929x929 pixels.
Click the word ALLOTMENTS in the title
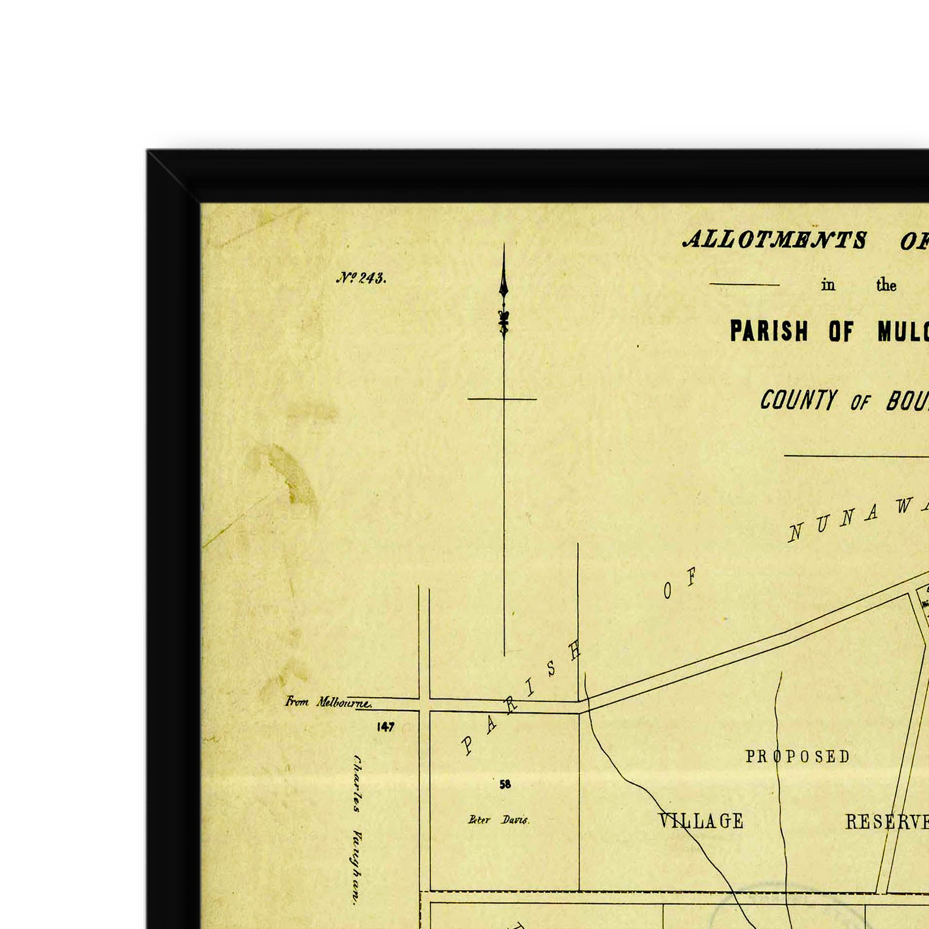pyautogui.click(x=775, y=240)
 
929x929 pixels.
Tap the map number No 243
pyautogui.click(x=361, y=278)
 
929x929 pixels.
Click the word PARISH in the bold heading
pyautogui.click(x=769, y=331)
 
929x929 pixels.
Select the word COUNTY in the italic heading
pyautogui.click(x=798, y=400)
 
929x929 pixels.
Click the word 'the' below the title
pyautogui.click(x=886, y=285)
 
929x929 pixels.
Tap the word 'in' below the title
pyautogui.click(x=828, y=285)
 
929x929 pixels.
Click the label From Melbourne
pyautogui.click(x=328, y=702)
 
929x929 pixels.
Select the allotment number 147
pyautogui.click(x=386, y=727)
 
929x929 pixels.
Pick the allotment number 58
pyautogui.click(x=505, y=784)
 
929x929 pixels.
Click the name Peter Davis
pyautogui.click(x=499, y=820)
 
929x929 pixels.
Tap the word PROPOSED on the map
pyautogui.click(x=798, y=757)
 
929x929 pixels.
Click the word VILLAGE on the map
pyautogui.click(x=701, y=821)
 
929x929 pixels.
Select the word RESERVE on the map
pyautogui.click(x=886, y=822)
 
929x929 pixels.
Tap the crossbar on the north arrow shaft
pyautogui.click(x=502, y=399)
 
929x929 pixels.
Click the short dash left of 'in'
pyautogui.click(x=744, y=285)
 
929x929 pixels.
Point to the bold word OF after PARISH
pyautogui.click(x=841, y=332)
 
